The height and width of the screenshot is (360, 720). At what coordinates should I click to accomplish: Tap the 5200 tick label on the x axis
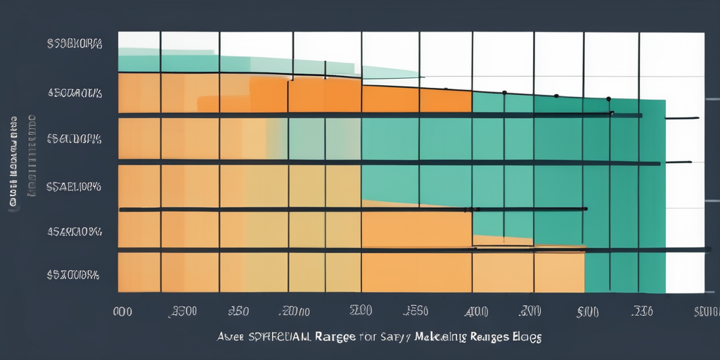click(361, 310)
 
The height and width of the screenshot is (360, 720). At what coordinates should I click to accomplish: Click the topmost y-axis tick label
click(75, 44)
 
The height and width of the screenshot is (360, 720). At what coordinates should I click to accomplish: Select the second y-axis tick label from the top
click(75, 92)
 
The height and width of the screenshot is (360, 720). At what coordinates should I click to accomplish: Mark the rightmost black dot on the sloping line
click(608, 99)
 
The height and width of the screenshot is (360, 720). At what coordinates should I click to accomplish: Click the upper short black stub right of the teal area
click(681, 118)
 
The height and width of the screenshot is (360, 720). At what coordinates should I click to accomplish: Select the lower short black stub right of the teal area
click(679, 162)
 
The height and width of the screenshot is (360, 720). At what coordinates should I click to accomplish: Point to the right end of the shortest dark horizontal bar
click(586, 209)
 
